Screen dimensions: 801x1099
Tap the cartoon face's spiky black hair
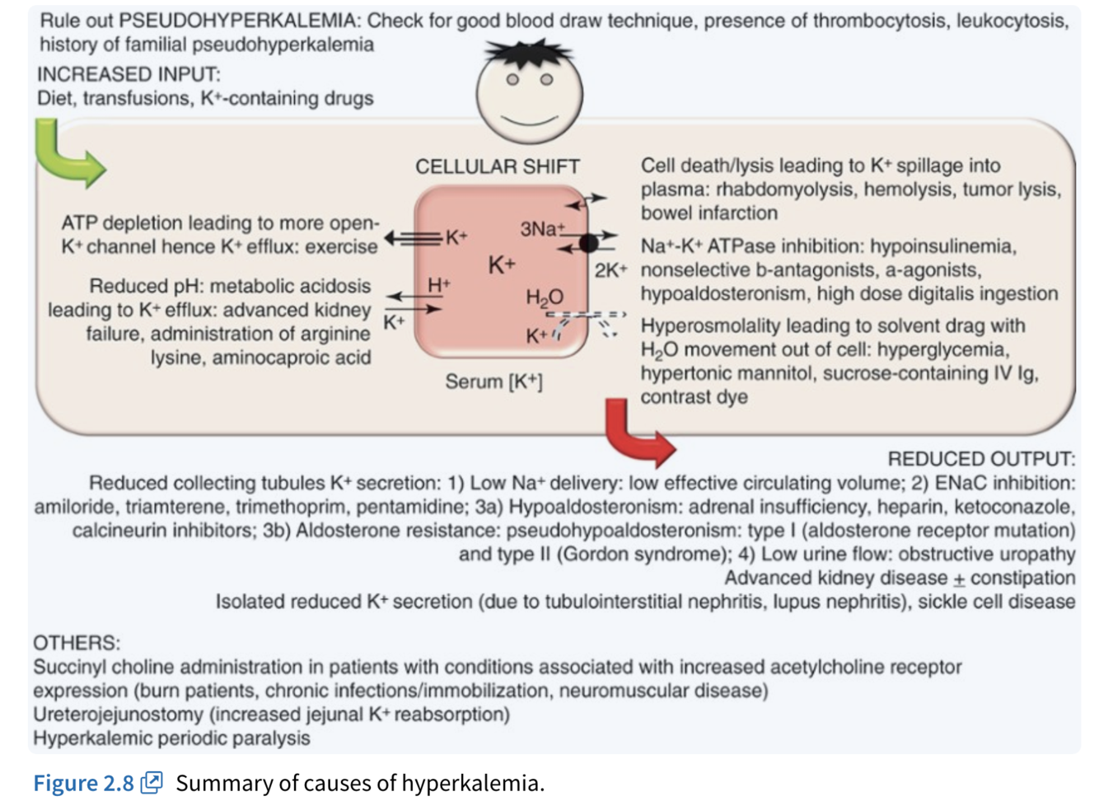528,54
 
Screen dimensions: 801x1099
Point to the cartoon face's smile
528,121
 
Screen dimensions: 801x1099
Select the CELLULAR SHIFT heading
497,166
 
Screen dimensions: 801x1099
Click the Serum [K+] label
493,382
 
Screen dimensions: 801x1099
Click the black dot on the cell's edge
588,242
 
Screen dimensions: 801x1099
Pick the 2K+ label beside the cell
610,270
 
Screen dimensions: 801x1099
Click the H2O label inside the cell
545,297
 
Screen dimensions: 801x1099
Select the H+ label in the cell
438,285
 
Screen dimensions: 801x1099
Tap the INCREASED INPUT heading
129,74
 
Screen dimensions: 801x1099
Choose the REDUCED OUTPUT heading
980,458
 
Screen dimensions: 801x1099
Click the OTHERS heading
76,643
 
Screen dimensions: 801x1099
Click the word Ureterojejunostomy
118,714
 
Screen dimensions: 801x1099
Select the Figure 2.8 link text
83,783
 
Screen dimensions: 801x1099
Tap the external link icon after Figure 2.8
152,782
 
